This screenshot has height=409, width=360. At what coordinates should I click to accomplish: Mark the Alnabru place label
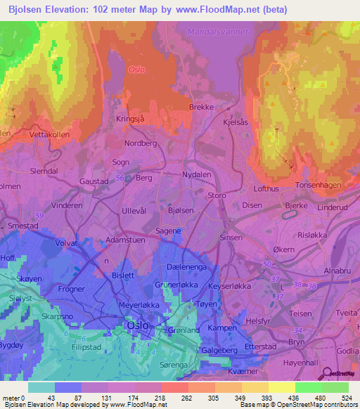(x=338, y=270)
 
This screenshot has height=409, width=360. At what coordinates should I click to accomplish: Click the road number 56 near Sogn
(x=120, y=178)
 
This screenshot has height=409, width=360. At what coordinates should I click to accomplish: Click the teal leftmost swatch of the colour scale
(x=41, y=387)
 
